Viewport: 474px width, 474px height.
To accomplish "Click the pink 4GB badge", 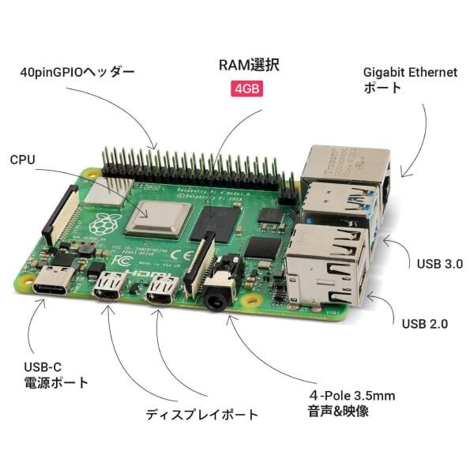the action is pyautogui.click(x=246, y=88).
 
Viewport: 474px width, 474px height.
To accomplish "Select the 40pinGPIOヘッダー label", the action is pyautogui.click(x=77, y=73).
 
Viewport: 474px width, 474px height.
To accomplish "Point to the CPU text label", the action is pyautogui.click(x=23, y=160).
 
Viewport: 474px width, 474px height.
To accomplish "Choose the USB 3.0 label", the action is pyautogui.click(x=438, y=264).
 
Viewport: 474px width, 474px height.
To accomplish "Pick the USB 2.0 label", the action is pyautogui.click(x=425, y=323).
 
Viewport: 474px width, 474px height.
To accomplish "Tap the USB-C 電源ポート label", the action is pyautogui.click(x=55, y=374).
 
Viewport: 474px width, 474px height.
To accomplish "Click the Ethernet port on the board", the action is pyautogui.click(x=344, y=165).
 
